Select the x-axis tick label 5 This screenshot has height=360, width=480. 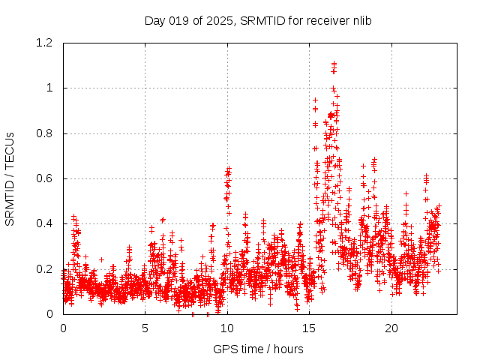coord(145,328)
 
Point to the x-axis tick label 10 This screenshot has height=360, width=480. coord(227,328)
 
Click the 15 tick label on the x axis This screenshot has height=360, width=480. coord(310,328)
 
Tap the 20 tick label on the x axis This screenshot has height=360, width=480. coord(391,328)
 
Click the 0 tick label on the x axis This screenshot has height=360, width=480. coord(63,328)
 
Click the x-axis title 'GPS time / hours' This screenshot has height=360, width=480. coord(258,349)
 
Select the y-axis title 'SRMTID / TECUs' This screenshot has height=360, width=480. coord(10,178)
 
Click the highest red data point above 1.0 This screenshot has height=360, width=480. coord(334,64)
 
